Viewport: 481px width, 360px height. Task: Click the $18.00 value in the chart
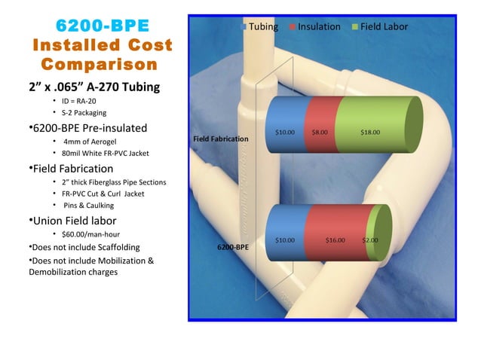[x=370, y=133]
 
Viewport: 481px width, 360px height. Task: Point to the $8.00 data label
[x=320, y=133]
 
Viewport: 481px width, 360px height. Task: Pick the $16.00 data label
[x=335, y=240]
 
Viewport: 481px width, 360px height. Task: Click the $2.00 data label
[x=370, y=240]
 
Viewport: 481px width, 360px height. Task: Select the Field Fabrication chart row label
[x=220, y=139]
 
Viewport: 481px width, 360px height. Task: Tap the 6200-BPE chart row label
[x=233, y=246]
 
